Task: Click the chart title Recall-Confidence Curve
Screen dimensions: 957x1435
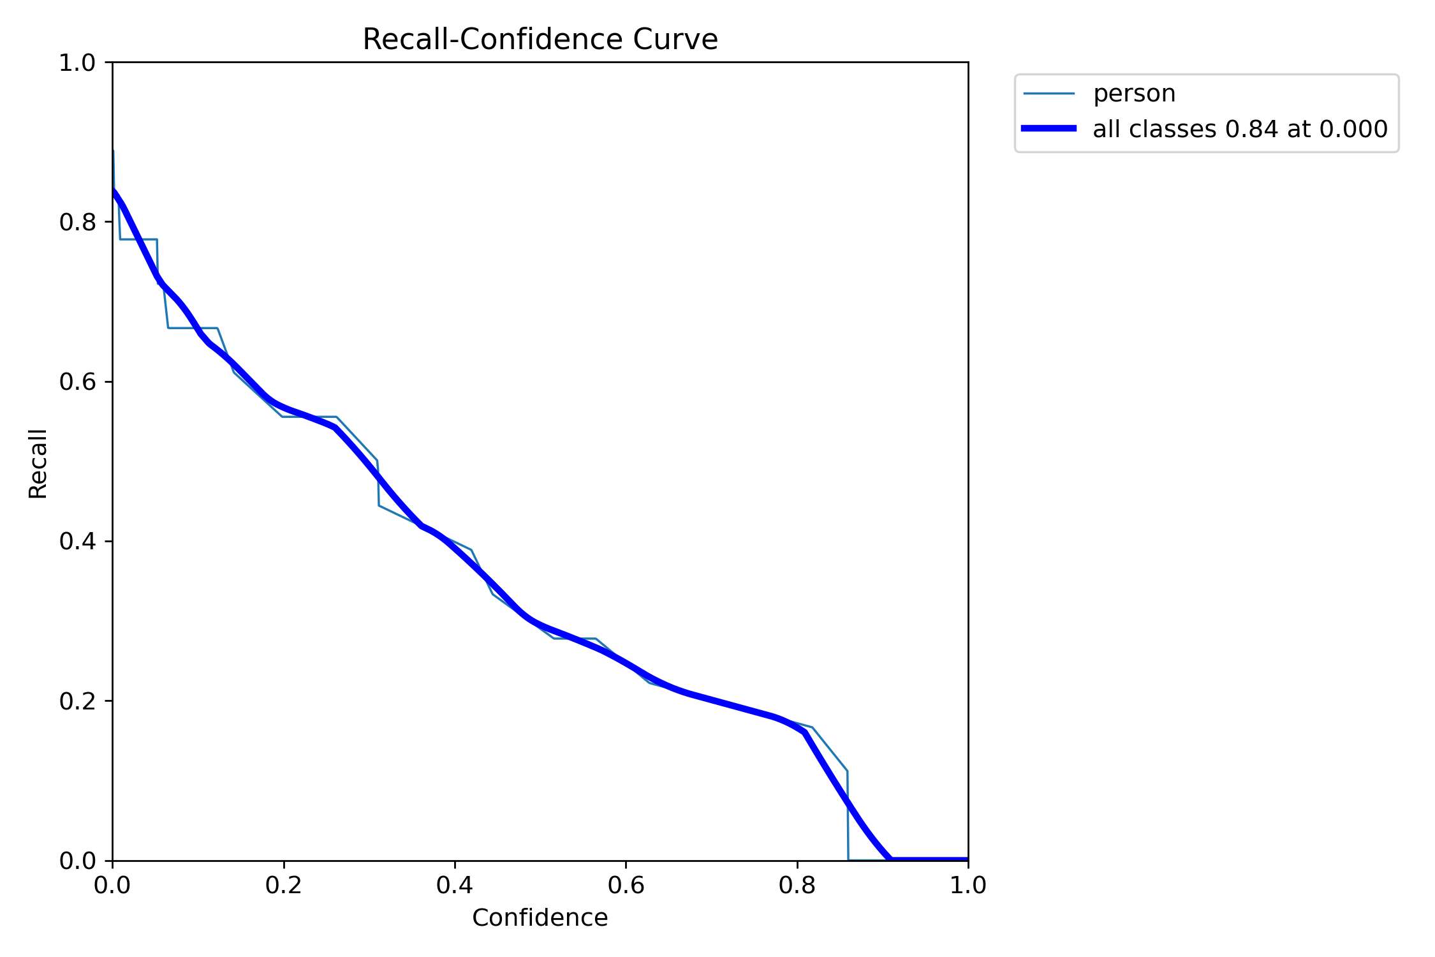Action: coord(540,40)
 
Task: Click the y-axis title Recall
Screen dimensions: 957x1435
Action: coord(38,463)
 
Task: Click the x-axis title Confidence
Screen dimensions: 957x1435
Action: coord(540,917)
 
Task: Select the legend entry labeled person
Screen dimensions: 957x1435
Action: coord(1133,94)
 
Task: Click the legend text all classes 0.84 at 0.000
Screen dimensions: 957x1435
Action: coord(1240,129)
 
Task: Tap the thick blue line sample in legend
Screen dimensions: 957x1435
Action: coord(1049,129)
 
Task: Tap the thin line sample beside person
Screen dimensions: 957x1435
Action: coord(1049,94)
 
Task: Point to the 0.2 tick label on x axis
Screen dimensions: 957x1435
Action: coord(283,885)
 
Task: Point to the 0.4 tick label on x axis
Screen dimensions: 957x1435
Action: coord(455,885)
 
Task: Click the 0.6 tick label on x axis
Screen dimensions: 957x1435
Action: coord(626,885)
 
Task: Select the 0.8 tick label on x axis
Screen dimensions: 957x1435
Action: coord(797,885)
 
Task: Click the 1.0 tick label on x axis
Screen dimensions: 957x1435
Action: coord(968,885)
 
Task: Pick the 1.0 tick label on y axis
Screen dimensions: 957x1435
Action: coord(77,63)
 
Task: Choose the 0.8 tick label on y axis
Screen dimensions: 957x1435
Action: coord(77,222)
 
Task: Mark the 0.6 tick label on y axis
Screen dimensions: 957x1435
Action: coord(77,382)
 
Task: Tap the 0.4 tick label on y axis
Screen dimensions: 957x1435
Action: coord(77,541)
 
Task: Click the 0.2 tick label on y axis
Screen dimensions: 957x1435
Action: coord(77,701)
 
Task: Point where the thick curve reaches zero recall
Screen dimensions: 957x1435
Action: coord(891,859)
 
